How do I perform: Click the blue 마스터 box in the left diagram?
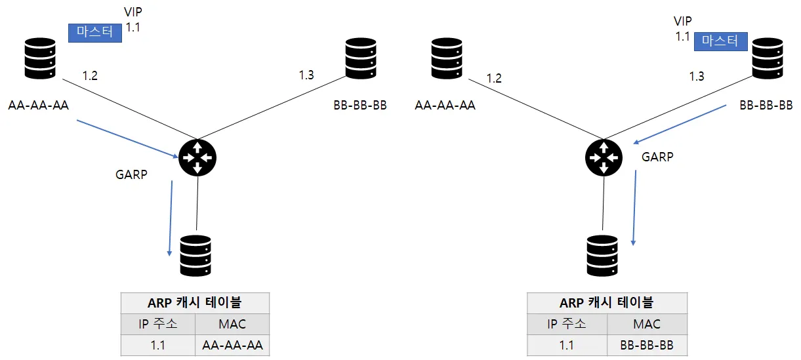95,33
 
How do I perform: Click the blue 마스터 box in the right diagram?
720,41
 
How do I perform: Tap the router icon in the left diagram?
197,157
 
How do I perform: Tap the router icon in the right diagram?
604,157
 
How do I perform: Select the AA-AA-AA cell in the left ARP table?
232,346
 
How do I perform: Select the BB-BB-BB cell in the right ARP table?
647,346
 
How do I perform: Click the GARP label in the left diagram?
131,174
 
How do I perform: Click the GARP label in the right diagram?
657,157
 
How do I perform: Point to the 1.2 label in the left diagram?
90,76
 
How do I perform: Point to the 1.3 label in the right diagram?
697,76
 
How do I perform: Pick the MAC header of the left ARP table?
232,324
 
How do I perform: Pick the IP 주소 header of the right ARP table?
567,324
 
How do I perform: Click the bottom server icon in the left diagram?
195,256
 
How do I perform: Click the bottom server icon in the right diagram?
602,256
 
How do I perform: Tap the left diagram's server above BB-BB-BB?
361,58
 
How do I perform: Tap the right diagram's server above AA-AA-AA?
447,58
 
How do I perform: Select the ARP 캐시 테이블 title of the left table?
195,303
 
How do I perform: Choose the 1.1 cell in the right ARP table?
567,346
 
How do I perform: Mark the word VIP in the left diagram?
133,12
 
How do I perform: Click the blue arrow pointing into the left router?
127,139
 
